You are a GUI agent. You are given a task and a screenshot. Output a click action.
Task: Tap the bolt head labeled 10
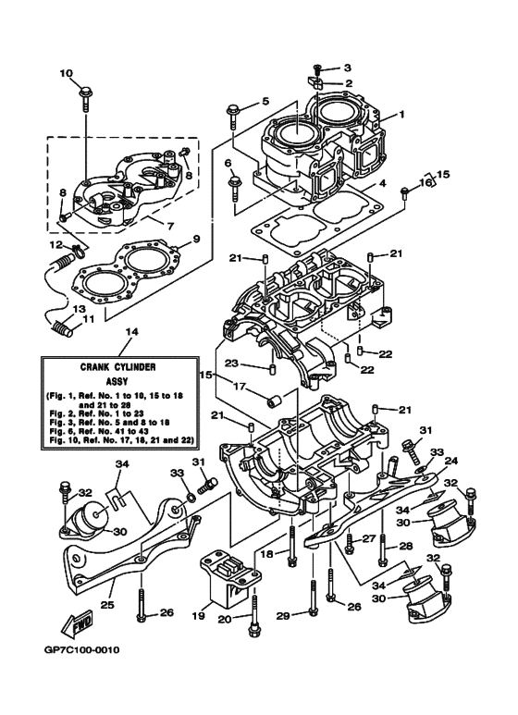(85, 91)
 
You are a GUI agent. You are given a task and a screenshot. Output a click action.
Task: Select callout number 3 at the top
(348, 68)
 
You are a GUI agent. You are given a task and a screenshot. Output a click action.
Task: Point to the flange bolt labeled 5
(233, 113)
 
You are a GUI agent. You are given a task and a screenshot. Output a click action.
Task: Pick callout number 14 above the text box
(130, 331)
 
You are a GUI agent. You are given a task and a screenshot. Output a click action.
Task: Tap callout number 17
(238, 387)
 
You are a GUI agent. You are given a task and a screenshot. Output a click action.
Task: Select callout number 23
(233, 363)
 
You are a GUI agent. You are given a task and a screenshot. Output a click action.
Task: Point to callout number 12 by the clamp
(55, 245)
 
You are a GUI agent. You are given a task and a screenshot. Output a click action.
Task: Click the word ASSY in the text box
(130, 379)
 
